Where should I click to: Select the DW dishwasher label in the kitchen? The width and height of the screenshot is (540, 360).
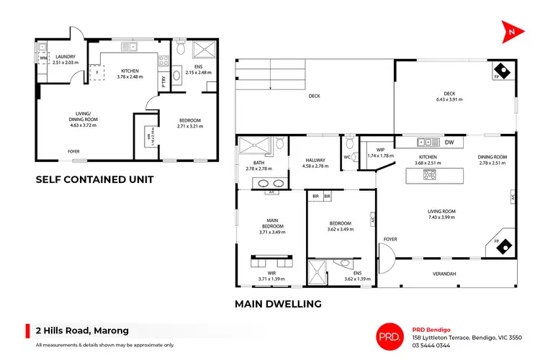[x=449, y=143]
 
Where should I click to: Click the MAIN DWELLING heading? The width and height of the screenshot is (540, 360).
[x=278, y=304]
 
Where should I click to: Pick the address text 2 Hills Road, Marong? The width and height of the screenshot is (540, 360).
[x=82, y=330]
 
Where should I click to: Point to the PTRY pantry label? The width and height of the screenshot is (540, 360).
[x=163, y=81]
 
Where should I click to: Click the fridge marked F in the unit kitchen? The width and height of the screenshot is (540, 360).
[x=95, y=73]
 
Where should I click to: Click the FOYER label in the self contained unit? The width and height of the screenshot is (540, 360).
[x=74, y=151]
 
